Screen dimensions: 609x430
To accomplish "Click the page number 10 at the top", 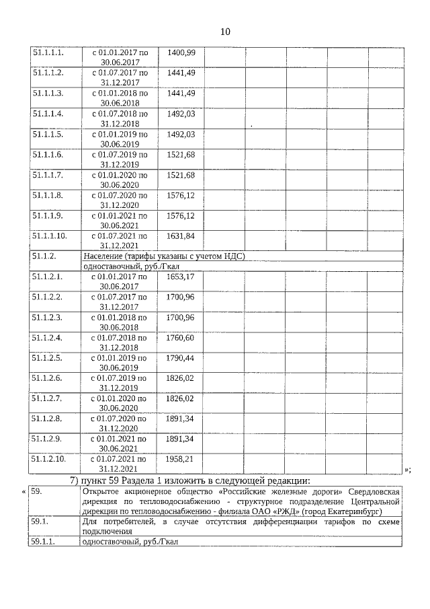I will pos(225,32).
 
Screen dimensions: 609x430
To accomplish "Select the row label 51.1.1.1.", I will pos(48,52).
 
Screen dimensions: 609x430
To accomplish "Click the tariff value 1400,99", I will pos(181,52).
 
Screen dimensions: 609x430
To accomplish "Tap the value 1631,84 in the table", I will pos(181,236).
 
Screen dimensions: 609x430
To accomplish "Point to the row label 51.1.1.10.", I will pos(50,236).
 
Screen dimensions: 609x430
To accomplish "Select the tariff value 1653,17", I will pos(181,277).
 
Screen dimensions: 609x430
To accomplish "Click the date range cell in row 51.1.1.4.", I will pos(120,118).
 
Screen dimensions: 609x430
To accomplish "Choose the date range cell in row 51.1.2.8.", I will pos(120,423).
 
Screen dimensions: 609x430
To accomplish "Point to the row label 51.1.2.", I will pos(44,256).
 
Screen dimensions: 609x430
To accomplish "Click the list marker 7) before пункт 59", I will pos(75,480).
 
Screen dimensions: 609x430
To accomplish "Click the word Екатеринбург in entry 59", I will pos(365,511).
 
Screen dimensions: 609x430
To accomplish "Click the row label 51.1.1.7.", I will pos(48,175).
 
